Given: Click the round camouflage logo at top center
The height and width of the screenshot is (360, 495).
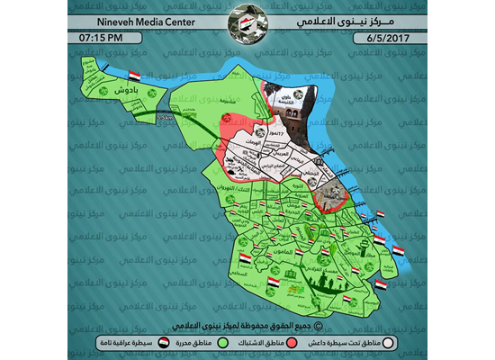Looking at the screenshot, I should pos(247,21).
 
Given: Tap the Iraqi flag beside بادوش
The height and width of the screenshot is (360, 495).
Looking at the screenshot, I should pos(134,76).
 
